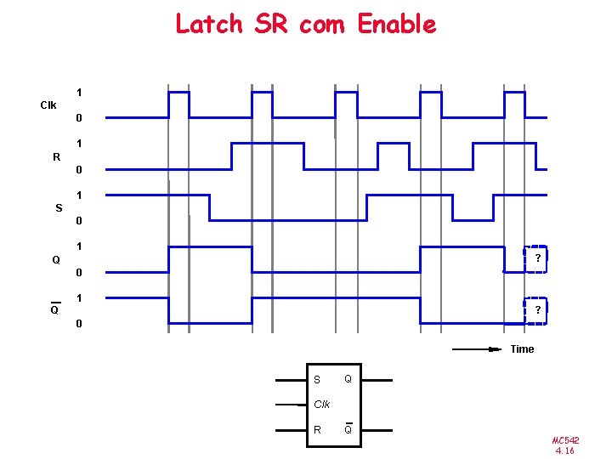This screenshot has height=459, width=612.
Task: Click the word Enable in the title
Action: click(397, 24)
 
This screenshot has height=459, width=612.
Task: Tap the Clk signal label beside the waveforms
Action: click(48, 105)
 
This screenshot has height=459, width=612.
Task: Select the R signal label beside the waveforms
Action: click(56, 157)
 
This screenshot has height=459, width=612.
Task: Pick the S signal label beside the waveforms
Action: click(59, 208)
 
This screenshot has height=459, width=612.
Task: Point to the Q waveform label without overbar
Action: click(56, 260)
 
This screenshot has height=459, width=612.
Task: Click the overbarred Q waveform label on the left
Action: click(54, 310)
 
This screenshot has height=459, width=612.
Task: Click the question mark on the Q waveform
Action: click(537, 258)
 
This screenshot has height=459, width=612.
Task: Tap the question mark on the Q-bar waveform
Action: click(537, 311)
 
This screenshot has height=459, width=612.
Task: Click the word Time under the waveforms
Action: click(522, 349)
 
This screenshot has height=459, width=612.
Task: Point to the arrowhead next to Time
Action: click(495, 348)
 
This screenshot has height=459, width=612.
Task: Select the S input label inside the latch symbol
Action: click(317, 380)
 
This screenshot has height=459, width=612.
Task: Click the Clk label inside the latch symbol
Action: click(321, 405)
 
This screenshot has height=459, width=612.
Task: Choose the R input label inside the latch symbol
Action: click(317, 430)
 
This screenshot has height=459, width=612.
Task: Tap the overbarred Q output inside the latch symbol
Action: click(348, 429)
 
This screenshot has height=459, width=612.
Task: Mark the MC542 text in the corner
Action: click(565, 440)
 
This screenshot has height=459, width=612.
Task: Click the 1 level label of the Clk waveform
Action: click(78, 92)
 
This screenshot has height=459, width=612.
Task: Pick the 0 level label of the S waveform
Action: click(78, 221)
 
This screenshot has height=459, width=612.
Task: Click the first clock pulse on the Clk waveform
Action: click(178, 104)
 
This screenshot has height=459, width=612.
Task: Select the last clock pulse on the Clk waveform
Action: click(515, 104)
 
